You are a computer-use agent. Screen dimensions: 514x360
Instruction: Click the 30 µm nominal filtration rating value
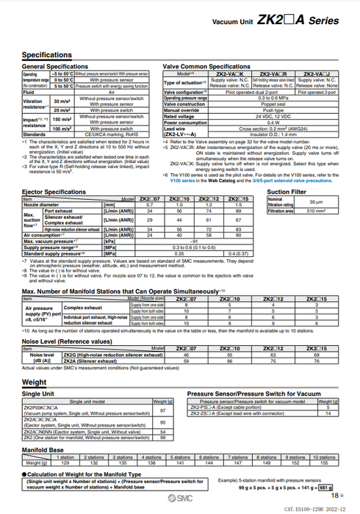315,200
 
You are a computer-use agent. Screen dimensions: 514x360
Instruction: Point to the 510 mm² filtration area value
315,211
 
